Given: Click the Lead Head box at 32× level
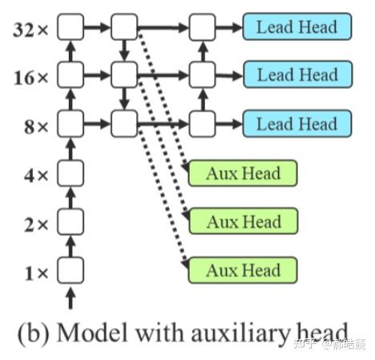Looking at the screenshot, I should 296,26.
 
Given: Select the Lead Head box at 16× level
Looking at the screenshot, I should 296,75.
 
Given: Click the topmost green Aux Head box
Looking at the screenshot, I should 242,173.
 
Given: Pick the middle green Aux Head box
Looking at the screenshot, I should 242,221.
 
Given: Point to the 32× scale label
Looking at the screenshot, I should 31,30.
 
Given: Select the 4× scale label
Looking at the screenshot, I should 36,175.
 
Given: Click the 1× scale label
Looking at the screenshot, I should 36,273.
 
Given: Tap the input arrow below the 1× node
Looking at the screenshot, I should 71,298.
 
